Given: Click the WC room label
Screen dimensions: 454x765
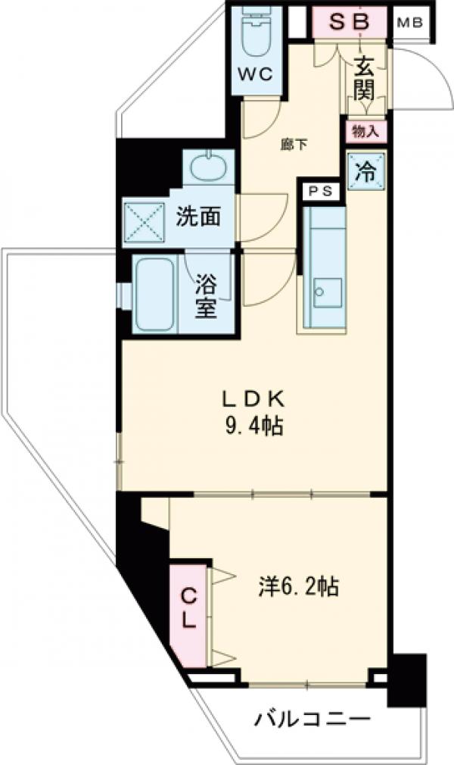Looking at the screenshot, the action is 255,74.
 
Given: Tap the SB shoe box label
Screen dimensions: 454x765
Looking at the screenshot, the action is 349,21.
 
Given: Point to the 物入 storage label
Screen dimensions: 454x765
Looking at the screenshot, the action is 365,131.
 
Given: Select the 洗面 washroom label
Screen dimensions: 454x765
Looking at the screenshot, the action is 198,217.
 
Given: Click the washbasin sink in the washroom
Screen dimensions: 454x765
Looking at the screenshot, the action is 208,167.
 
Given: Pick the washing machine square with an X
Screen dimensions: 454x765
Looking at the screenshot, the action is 144,222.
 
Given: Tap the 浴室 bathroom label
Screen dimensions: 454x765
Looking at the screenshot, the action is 206,295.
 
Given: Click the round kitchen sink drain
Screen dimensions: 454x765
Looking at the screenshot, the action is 319,292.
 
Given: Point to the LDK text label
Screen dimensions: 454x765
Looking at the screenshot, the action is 253,399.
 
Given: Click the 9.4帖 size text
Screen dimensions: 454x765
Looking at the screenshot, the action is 253,426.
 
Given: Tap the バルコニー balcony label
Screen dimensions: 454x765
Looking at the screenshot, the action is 312,719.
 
